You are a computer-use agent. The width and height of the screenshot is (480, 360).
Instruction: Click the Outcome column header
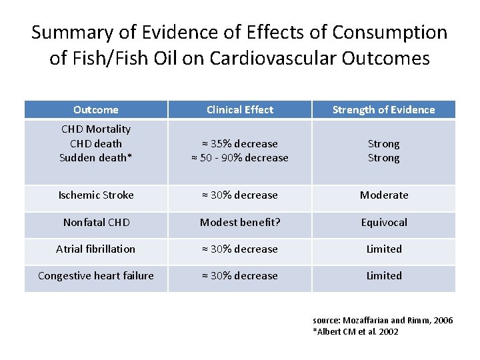[x=96, y=110]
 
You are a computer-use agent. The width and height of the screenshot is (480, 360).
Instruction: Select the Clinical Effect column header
[x=240, y=110]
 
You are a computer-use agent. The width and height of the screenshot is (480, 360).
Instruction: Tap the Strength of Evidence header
[x=383, y=110]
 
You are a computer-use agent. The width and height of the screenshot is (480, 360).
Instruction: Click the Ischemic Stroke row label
[x=96, y=195]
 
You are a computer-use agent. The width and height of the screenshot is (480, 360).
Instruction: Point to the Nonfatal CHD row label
[x=96, y=222]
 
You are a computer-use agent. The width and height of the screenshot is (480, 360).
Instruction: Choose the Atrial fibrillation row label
[x=96, y=249]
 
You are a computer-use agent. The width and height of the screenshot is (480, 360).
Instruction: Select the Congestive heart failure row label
[x=96, y=275]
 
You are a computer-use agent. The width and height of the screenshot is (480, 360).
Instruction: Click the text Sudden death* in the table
[x=95, y=158]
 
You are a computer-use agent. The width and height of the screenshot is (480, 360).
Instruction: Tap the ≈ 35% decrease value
[x=240, y=144]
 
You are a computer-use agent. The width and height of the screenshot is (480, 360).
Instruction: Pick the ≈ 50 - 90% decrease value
[x=240, y=158]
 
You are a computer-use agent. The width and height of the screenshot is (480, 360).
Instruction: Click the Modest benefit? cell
[x=240, y=222]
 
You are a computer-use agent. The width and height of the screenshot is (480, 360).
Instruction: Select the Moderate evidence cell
[x=384, y=195]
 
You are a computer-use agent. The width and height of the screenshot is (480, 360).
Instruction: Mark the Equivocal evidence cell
[x=384, y=222]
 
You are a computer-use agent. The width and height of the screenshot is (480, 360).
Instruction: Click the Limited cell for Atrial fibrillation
[x=384, y=249]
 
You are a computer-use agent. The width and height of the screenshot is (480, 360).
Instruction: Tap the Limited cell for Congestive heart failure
[x=384, y=275]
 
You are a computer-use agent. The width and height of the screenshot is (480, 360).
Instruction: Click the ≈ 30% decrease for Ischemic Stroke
[x=240, y=195]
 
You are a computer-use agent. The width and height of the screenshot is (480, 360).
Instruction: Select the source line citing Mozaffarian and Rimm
[x=383, y=321]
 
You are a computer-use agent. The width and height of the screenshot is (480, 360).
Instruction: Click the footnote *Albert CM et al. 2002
[x=355, y=331]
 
